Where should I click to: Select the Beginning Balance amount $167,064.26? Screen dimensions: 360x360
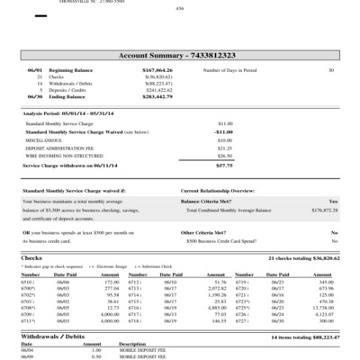coord(157,69)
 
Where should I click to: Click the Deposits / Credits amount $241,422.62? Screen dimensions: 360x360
coord(158,90)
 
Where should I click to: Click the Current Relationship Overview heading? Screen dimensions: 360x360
coord(218,192)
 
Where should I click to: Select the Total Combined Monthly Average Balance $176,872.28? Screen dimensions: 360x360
coord(323,209)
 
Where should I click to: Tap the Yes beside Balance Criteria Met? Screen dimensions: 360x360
coord(333,201)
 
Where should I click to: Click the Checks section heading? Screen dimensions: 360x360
coord(31,257)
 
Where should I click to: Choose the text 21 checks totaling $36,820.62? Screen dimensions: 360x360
coord(303,257)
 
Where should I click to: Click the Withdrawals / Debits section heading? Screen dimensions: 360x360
coord(53,336)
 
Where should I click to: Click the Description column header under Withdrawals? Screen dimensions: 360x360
coord(132,344)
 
